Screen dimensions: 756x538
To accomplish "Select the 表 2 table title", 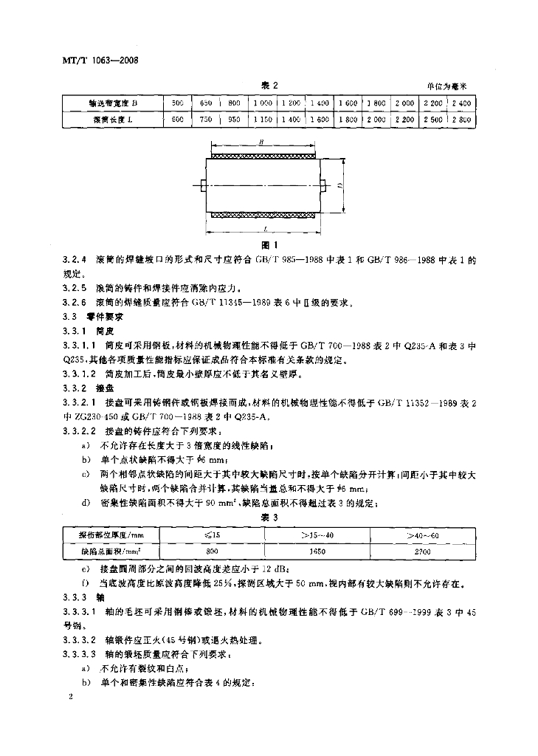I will [x=269, y=86].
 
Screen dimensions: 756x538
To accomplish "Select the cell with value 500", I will [x=177, y=103].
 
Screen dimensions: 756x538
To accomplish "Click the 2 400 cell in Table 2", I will [x=462, y=103].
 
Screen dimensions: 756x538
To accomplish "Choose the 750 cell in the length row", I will [x=206, y=119].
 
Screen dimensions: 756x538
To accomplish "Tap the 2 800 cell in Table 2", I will [x=462, y=119].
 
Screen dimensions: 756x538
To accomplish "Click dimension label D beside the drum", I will [x=340, y=186].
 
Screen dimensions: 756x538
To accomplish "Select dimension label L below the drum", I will [x=263, y=230].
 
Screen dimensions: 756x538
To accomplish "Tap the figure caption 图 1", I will [x=269, y=245].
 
